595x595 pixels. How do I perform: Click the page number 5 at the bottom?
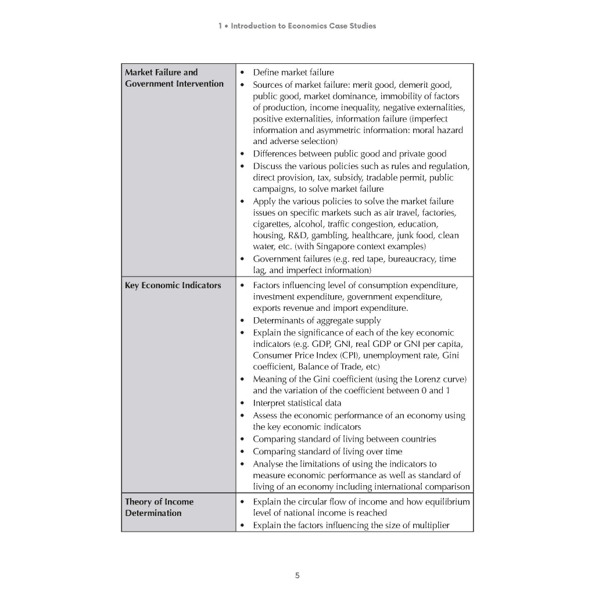click(x=297, y=576)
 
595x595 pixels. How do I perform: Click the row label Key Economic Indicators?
click(x=173, y=285)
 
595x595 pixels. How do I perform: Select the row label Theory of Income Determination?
click(x=159, y=507)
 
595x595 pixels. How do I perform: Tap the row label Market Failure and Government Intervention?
click(x=174, y=78)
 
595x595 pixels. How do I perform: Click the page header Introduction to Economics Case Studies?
click(x=297, y=26)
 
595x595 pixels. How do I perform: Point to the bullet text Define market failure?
click(x=293, y=73)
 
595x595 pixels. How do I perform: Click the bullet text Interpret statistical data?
click(x=297, y=403)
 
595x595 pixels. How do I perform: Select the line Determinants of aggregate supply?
click(x=317, y=321)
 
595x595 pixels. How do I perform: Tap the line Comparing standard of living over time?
click(x=327, y=451)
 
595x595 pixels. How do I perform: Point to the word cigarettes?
click(x=273, y=224)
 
